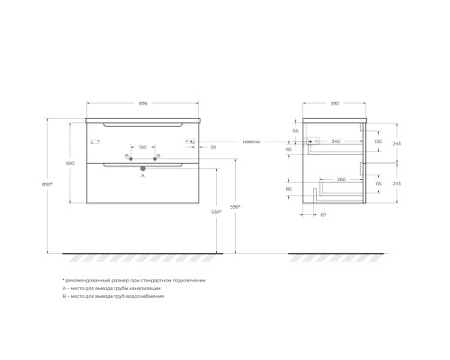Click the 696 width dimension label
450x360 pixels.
click(x=143, y=103)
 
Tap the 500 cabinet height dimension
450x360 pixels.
click(x=71, y=163)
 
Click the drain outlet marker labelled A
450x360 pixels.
click(x=142, y=166)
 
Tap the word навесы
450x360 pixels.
click(x=251, y=141)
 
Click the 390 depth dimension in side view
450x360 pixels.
click(x=334, y=103)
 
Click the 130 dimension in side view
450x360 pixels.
click(x=377, y=141)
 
